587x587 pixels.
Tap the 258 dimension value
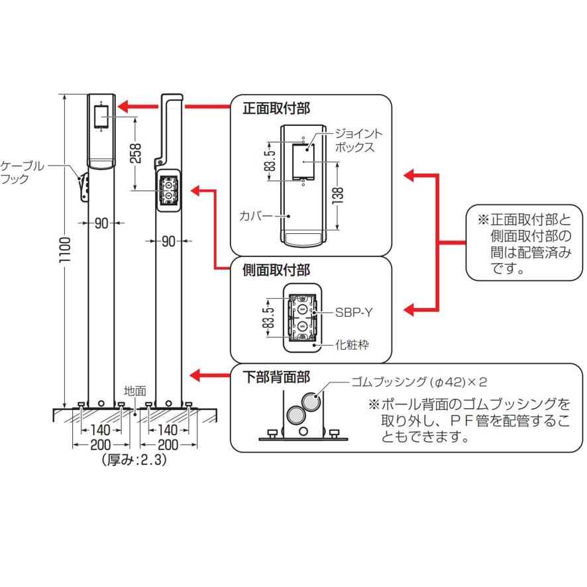[x=136, y=154]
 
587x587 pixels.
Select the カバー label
[x=255, y=216]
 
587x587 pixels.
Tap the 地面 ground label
[x=134, y=391]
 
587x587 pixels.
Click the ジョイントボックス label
[x=359, y=140]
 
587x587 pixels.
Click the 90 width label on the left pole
[x=101, y=223]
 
